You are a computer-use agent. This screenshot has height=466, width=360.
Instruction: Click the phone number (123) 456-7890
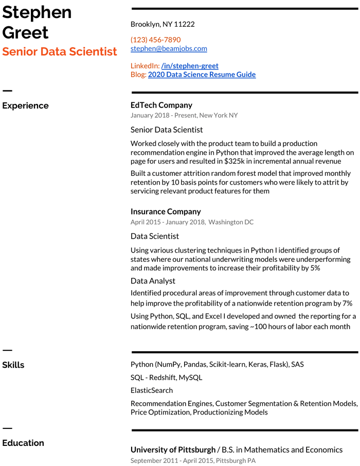pos(155,40)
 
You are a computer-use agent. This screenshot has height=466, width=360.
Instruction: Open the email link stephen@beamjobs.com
pos(169,48)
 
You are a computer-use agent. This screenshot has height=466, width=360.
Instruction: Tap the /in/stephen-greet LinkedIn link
pos(190,66)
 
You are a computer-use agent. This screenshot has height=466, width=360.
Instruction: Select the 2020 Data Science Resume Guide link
pos(202,75)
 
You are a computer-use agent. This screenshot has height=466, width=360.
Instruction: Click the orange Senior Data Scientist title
pos(60,51)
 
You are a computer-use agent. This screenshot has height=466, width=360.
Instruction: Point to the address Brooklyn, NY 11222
pos(163,24)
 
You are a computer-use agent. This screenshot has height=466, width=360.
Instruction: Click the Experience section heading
pos(25,106)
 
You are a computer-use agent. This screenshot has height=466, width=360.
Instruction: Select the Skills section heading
pos(13,365)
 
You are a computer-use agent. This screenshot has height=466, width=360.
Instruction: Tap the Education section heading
pos(23,443)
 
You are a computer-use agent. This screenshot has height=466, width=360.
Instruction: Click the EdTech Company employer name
pos(161,105)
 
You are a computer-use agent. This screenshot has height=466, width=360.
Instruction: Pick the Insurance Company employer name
pos(166,211)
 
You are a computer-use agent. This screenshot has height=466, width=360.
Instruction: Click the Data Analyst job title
pos(153,281)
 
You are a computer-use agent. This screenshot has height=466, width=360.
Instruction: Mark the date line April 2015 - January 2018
pos(168,222)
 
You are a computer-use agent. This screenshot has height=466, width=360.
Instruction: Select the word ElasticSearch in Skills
pos(152,390)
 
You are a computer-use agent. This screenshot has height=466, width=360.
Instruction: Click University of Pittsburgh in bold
pos(173,450)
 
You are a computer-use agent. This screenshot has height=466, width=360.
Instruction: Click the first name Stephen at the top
pos(37,12)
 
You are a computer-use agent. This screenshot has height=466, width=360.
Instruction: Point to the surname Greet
pos(25,32)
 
